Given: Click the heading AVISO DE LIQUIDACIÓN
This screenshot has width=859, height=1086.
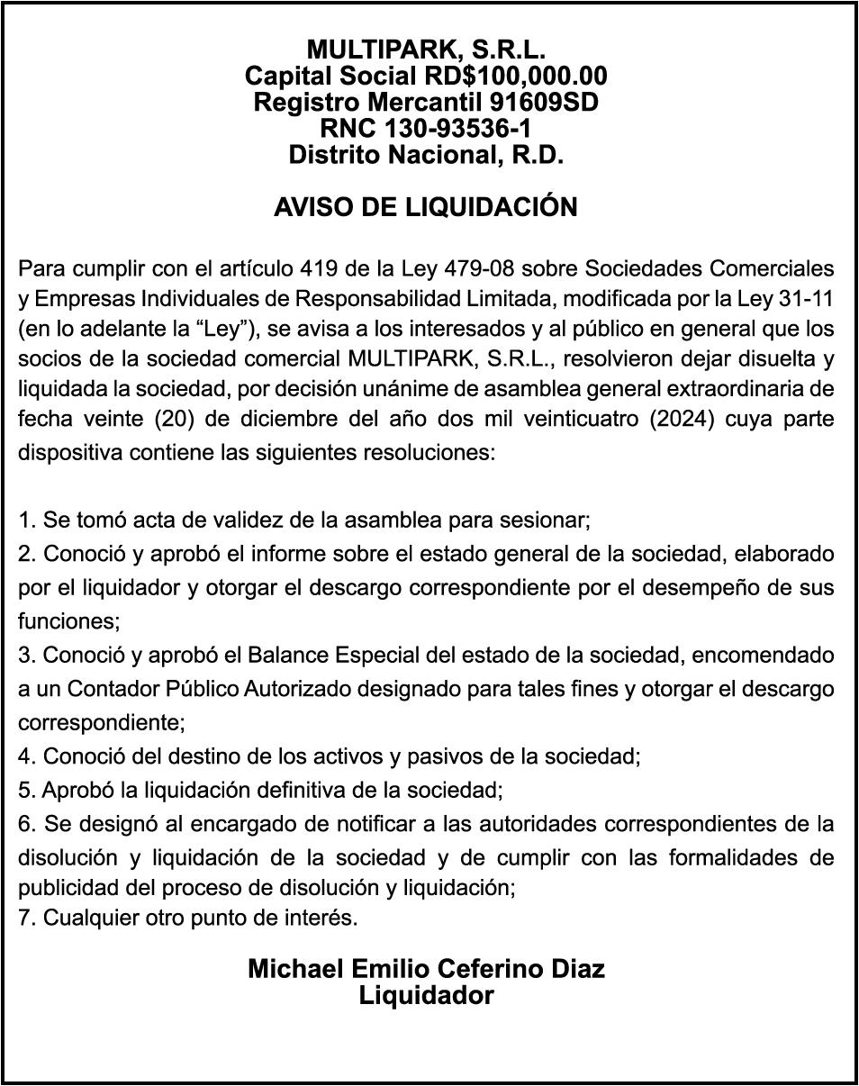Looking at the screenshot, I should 426,207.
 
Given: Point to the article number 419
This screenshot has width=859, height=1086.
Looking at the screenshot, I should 320,268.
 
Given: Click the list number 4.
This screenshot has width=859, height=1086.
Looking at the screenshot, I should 24,756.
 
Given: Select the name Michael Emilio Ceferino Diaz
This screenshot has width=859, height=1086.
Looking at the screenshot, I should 426,969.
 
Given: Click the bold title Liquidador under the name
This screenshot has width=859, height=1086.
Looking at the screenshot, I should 426,996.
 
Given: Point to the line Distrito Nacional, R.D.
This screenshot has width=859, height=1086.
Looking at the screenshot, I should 426,155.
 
